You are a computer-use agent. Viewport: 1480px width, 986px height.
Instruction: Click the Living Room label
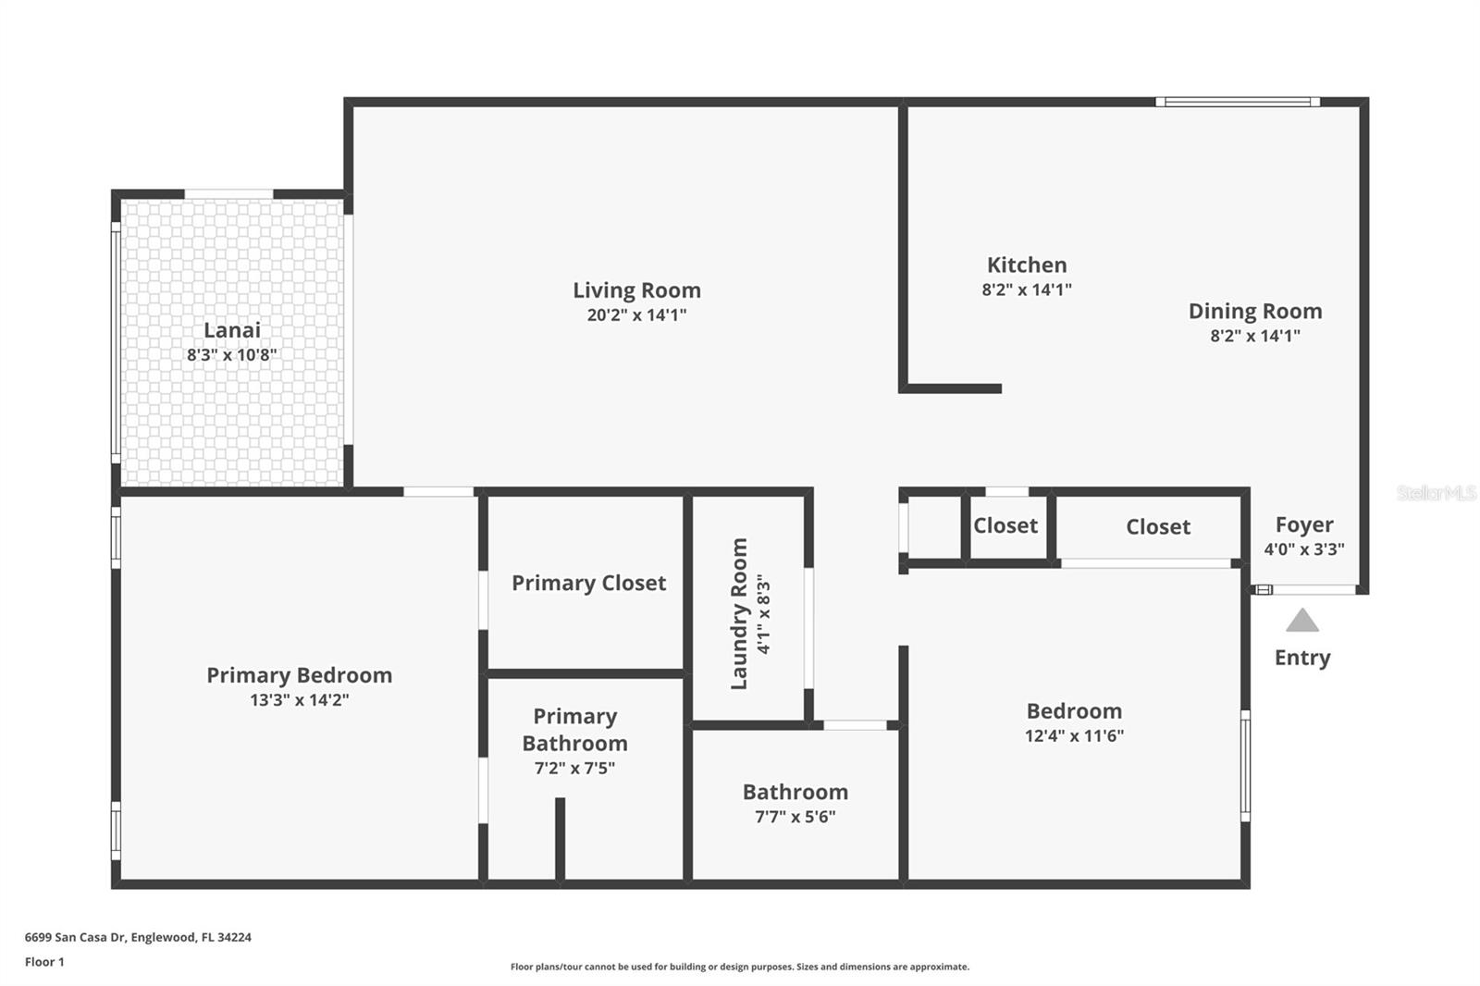(x=636, y=290)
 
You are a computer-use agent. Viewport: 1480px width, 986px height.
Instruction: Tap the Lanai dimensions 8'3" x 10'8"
(x=231, y=354)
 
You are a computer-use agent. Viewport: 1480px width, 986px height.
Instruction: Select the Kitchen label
(x=1027, y=265)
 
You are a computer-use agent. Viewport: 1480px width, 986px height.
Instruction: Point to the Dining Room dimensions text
(x=1254, y=336)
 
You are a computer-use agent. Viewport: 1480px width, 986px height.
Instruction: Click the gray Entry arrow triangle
(x=1301, y=621)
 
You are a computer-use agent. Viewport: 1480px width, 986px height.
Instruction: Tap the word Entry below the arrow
(x=1301, y=658)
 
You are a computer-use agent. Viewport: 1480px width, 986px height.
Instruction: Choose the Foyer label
(x=1304, y=524)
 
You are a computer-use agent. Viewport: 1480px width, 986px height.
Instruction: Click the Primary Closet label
(x=588, y=583)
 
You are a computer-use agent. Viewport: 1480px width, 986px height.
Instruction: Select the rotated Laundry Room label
(x=739, y=613)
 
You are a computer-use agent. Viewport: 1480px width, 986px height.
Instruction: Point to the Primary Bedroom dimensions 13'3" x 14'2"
(x=299, y=700)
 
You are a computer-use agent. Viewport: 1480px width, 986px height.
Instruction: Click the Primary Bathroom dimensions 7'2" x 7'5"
(x=574, y=768)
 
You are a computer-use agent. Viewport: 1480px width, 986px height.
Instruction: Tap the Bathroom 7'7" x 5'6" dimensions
(x=795, y=817)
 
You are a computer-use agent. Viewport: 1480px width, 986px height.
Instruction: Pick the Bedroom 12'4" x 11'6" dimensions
(x=1074, y=735)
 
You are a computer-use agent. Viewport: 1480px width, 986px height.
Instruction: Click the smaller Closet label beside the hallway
(x=1005, y=525)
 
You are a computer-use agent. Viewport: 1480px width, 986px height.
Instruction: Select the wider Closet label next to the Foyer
(x=1157, y=526)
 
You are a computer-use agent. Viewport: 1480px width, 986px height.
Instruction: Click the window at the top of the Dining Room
(x=1237, y=102)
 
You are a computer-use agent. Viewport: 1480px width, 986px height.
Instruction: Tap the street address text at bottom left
(x=138, y=937)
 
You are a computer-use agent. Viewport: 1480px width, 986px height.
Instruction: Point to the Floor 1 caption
(x=44, y=962)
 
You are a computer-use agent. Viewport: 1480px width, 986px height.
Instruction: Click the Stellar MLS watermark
(x=1436, y=493)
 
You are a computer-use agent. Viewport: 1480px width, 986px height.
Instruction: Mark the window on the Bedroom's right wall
(x=1245, y=765)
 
